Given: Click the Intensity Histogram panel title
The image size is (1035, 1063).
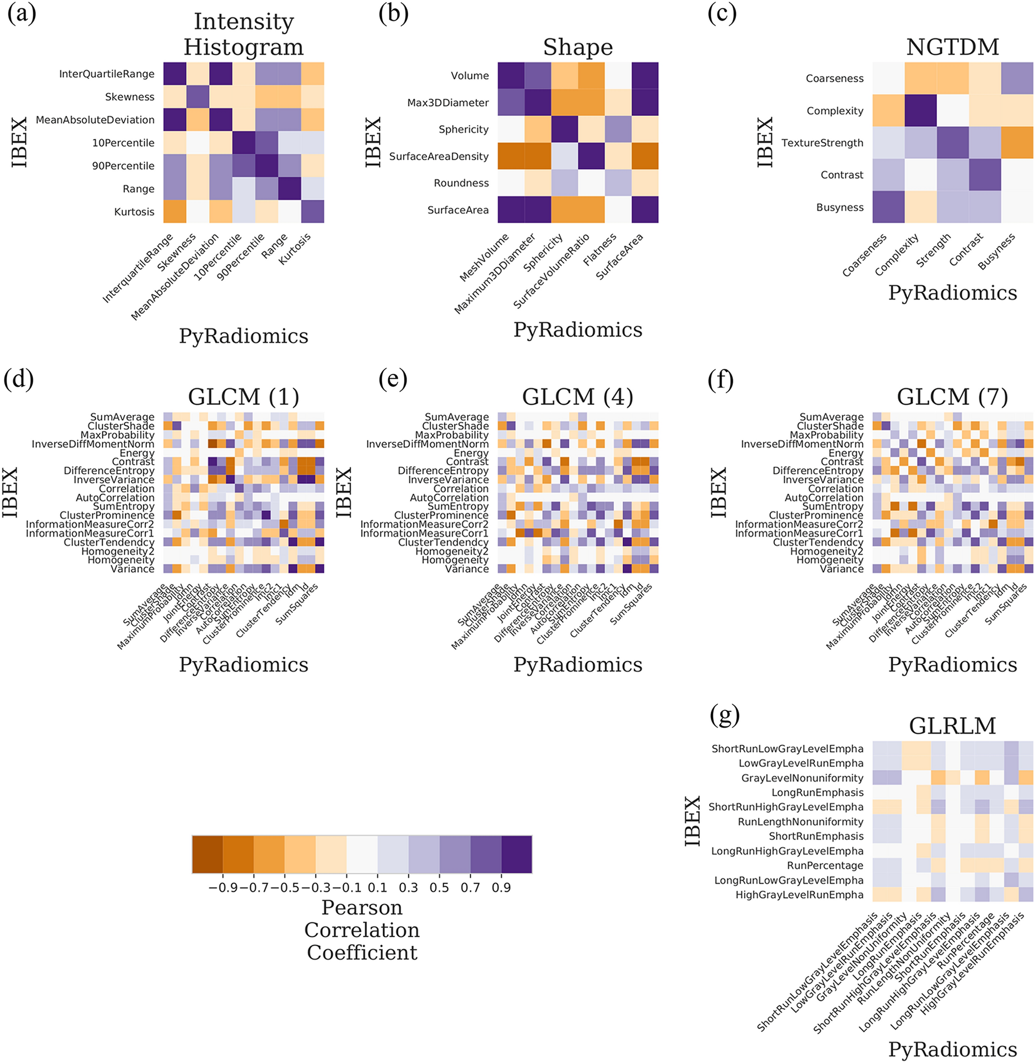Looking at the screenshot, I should point(244,34).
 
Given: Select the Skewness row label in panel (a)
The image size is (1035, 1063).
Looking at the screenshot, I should point(129,97).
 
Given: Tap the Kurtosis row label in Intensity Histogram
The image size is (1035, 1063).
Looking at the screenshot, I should point(134,212).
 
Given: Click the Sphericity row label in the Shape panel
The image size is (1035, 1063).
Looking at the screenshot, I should point(463,129).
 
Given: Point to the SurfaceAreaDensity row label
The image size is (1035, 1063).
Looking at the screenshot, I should point(439,157).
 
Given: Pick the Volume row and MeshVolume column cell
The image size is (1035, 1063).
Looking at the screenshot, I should point(511,75).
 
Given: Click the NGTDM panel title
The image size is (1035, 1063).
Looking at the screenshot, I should point(952,47).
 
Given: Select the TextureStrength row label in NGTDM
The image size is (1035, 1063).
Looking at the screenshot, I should point(822,143).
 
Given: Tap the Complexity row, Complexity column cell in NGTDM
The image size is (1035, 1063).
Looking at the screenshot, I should point(920,111).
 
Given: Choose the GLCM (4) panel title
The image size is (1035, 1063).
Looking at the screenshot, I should point(577,397).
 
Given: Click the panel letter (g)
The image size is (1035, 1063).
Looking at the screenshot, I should point(724,715).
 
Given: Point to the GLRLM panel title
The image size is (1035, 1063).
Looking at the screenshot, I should point(952,725).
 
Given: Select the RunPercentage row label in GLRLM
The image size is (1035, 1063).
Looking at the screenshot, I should point(824,865).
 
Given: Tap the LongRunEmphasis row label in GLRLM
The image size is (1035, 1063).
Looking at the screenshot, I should point(817,793).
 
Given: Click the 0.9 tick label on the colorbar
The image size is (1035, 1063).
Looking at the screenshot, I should point(501,887).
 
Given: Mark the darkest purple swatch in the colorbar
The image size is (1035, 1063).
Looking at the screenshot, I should point(516,854).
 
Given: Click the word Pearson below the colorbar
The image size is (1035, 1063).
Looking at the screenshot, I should point(362,907).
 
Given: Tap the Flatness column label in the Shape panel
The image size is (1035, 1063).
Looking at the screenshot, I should point(599,249).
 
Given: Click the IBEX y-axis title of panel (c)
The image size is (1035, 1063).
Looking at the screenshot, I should point(765,142).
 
